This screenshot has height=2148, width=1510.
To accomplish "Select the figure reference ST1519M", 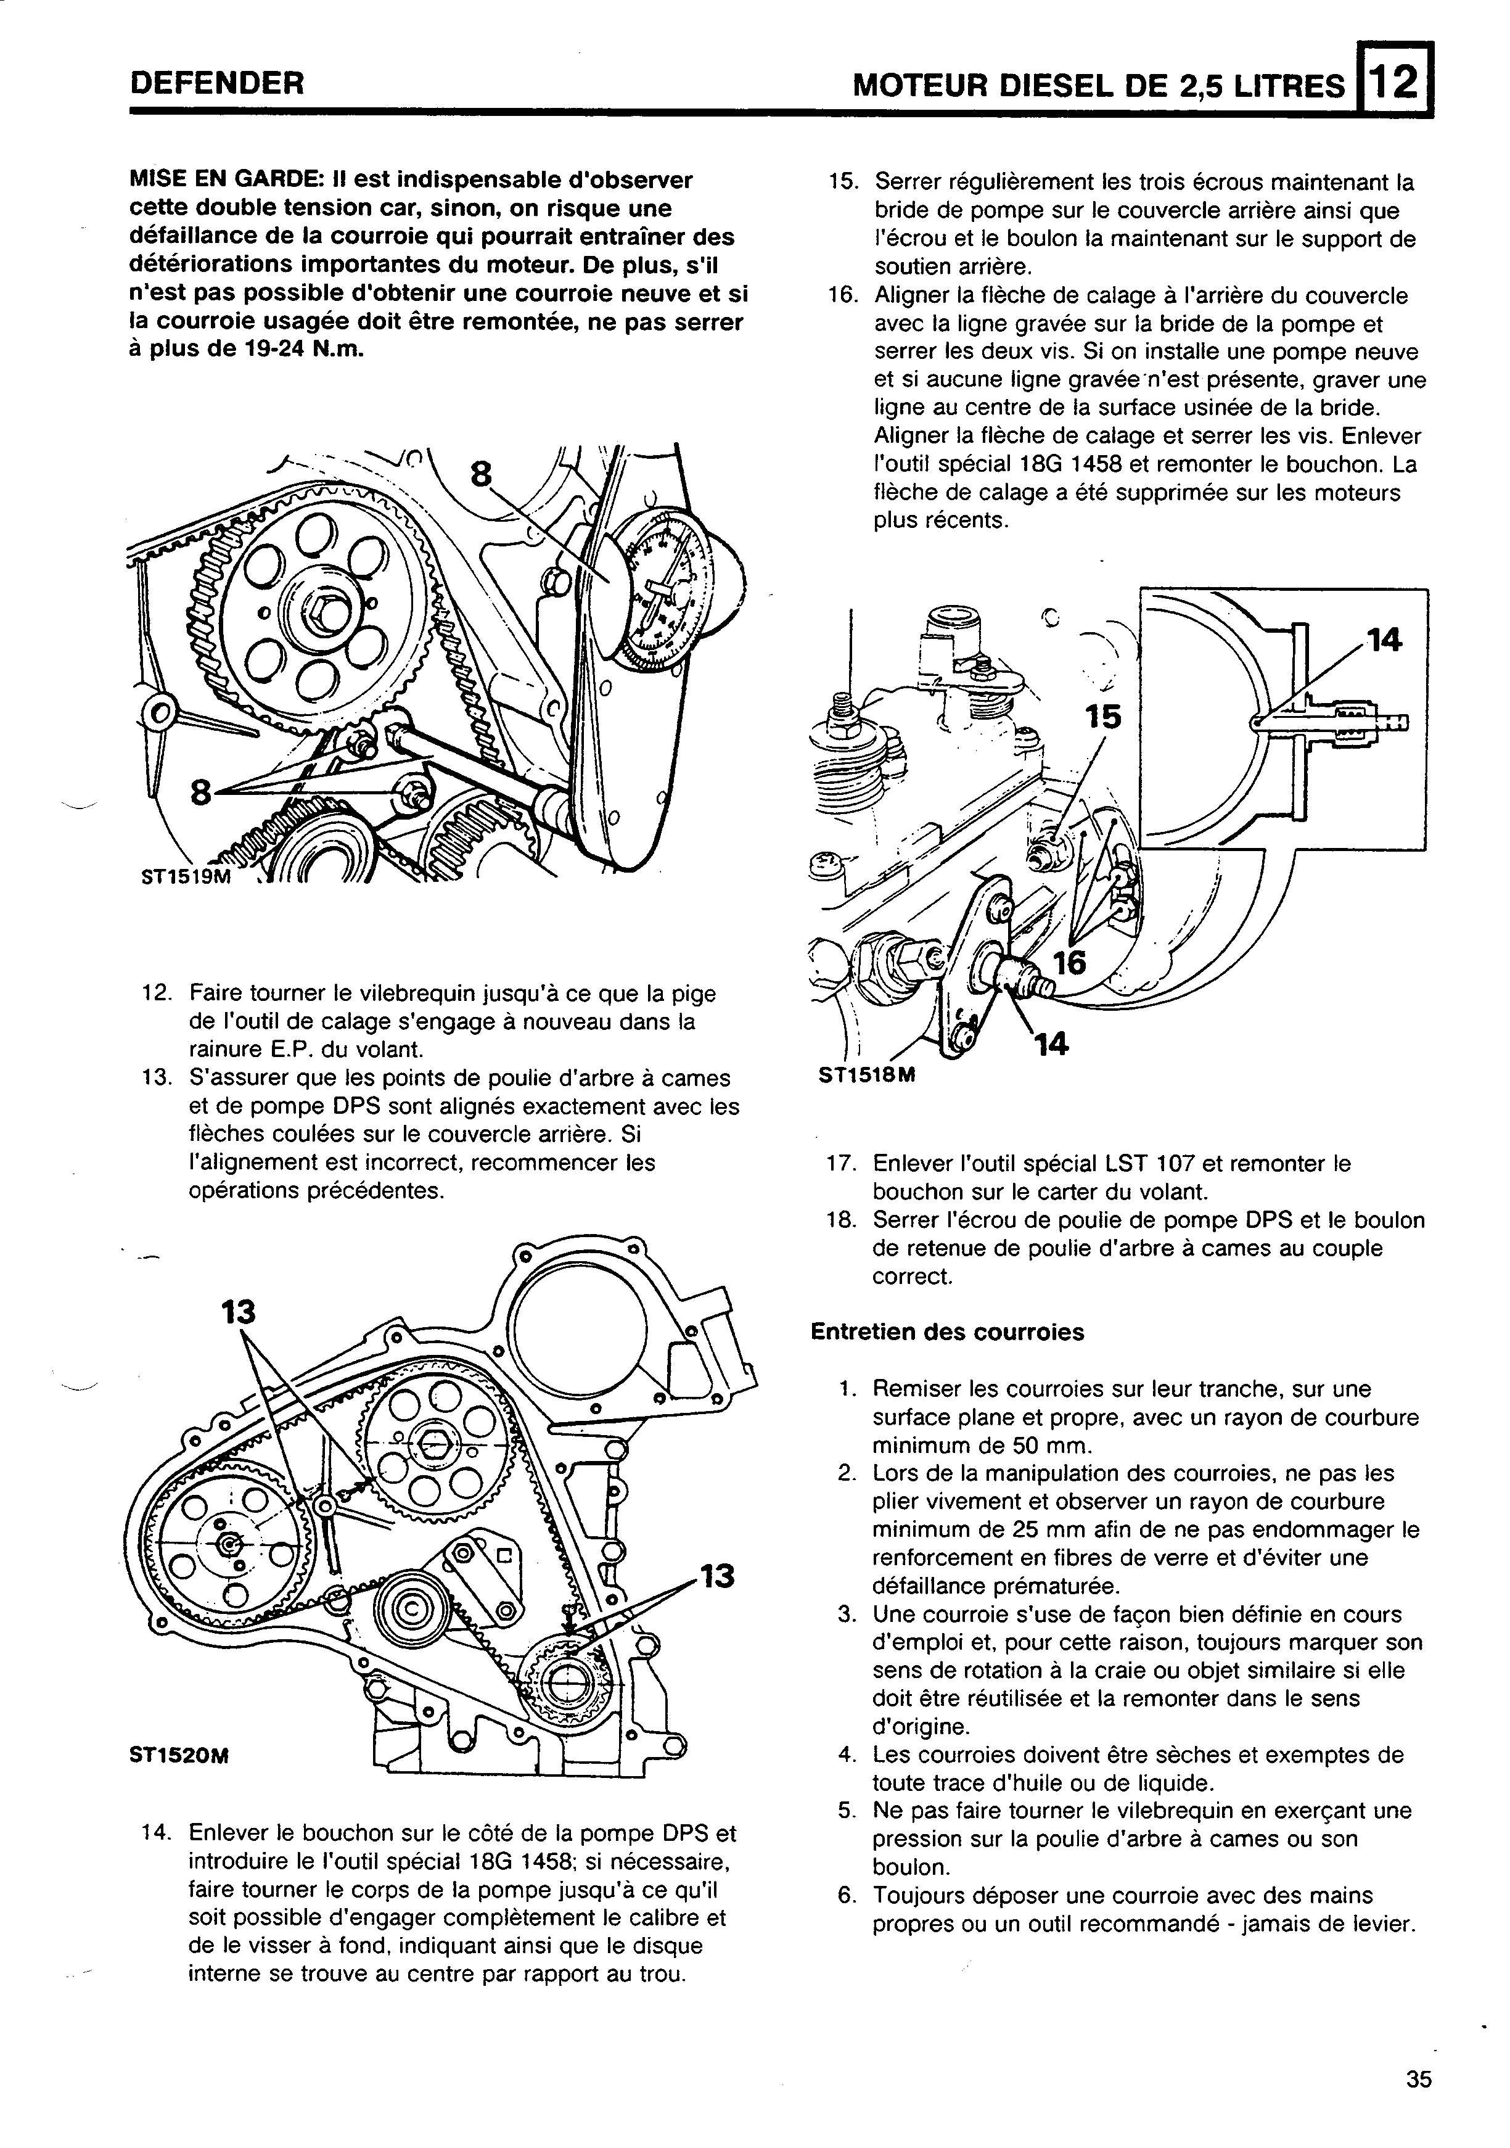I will (x=183, y=878).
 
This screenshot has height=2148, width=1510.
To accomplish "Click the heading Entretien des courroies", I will (x=947, y=1331).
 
